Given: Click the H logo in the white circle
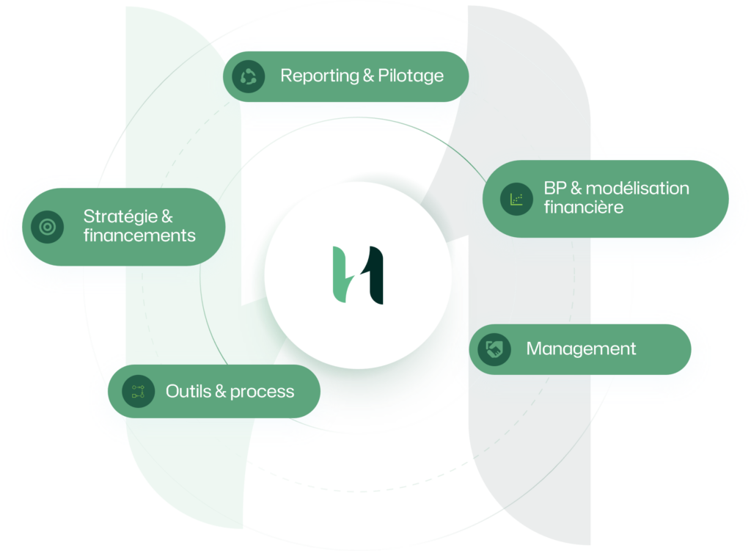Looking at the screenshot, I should (358, 275).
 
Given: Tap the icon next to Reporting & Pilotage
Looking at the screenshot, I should (249, 76).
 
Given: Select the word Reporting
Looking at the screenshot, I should (315, 76).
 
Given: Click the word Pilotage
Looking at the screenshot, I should (411, 76).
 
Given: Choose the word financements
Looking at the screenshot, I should (139, 236).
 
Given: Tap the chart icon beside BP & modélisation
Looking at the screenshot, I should (516, 198).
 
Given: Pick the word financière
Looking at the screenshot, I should (584, 207).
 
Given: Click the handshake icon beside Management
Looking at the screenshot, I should (494, 349).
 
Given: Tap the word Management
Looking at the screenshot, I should (581, 349).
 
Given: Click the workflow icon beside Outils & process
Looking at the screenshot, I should (138, 391).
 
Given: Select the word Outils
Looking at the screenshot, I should (187, 391).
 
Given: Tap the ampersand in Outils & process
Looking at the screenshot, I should (219, 391).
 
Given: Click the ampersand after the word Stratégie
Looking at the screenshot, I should (166, 216).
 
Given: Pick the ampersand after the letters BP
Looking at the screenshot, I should (574, 189).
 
